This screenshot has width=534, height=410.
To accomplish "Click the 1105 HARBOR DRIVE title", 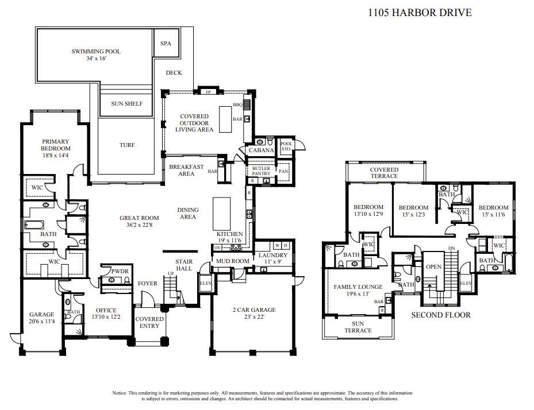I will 419,12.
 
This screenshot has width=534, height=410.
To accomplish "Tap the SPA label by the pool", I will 166,43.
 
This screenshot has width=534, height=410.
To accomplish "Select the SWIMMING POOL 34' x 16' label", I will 96,55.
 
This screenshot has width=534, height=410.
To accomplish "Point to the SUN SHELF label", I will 126,104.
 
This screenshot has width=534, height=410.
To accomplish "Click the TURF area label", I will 126,145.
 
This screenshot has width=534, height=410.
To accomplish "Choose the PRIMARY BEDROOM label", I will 55,145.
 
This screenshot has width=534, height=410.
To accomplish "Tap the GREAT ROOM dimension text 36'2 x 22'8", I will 139,226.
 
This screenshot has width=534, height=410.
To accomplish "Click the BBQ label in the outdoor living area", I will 237,105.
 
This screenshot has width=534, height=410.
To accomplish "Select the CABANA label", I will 260,150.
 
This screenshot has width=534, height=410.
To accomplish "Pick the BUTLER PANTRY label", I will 261,171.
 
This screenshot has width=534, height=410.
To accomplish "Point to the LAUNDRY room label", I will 273,256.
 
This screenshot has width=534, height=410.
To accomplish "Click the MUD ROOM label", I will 232,261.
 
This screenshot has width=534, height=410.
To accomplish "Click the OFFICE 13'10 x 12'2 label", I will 106,314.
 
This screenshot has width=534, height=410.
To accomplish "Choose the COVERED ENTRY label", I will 149,322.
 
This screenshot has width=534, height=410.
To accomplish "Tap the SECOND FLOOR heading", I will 441,315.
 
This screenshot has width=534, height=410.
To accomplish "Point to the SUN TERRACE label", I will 358,327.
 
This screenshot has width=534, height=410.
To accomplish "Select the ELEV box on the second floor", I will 465,283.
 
